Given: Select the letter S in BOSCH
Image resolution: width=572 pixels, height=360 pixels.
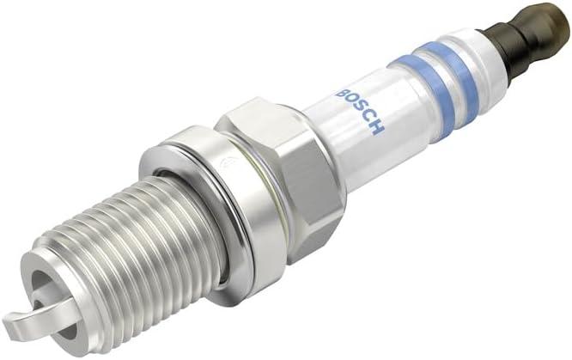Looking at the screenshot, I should pos(356,106).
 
